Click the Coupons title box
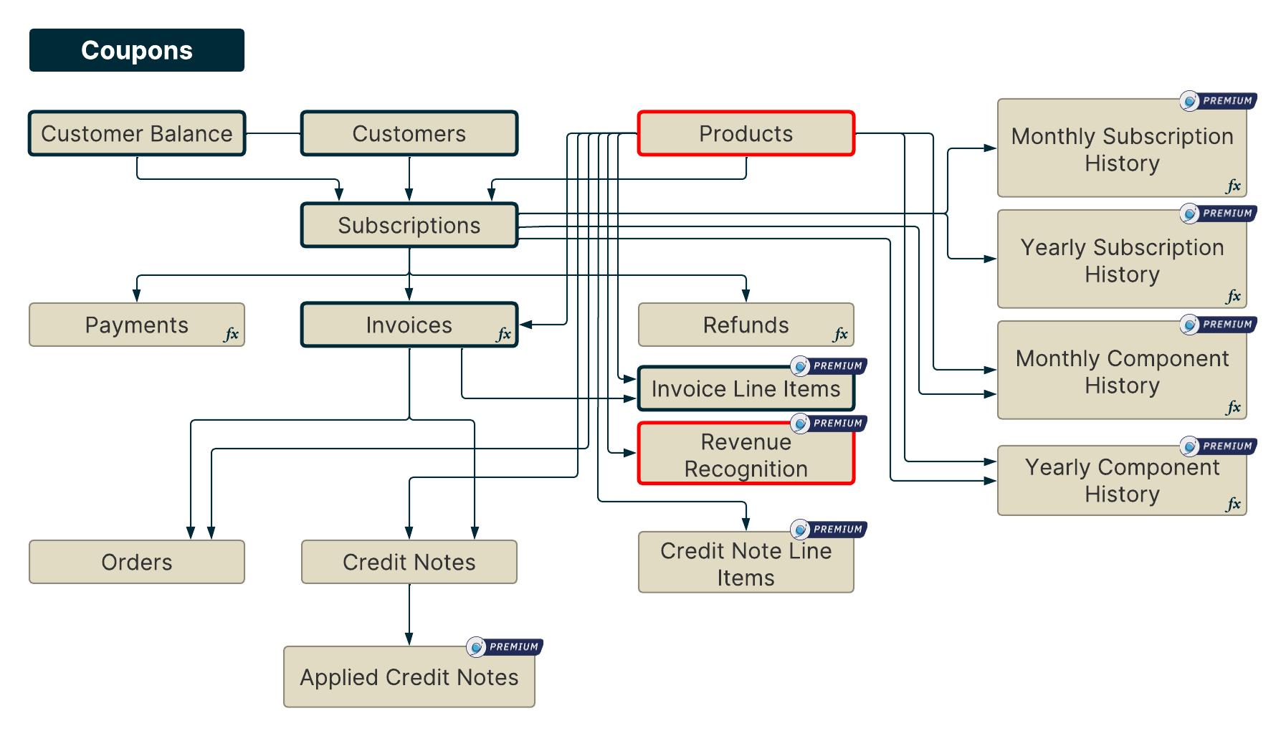click(x=136, y=50)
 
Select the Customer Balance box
click(x=136, y=133)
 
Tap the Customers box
click(x=409, y=133)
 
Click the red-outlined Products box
click(x=746, y=133)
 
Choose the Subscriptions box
click(x=409, y=225)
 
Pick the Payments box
click(x=136, y=325)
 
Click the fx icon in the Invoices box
click(x=504, y=334)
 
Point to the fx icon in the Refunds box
click(x=840, y=334)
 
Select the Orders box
click(x=136, y=562)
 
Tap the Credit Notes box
click(x=409, y=562)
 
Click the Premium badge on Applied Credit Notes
click(x=505, y=647)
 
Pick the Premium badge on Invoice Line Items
click(x=829, y=366)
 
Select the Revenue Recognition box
click(x=746, y=455)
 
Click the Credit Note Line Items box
click(x=746, y=564)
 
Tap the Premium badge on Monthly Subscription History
click(x=1218, y=101)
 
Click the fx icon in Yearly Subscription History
click(x=1233, y=296)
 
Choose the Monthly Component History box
click(x=1122, y=371)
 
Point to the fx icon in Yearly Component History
click(x=1233, y=504)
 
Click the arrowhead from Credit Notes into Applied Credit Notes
click(x=409, y=639)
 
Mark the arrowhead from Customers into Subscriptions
click(x=409, y=195)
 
